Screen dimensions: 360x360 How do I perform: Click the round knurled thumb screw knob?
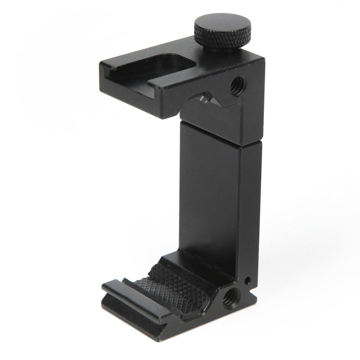[x=223, y=34]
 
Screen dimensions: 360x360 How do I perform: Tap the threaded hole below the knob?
[x=238, y=86]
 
